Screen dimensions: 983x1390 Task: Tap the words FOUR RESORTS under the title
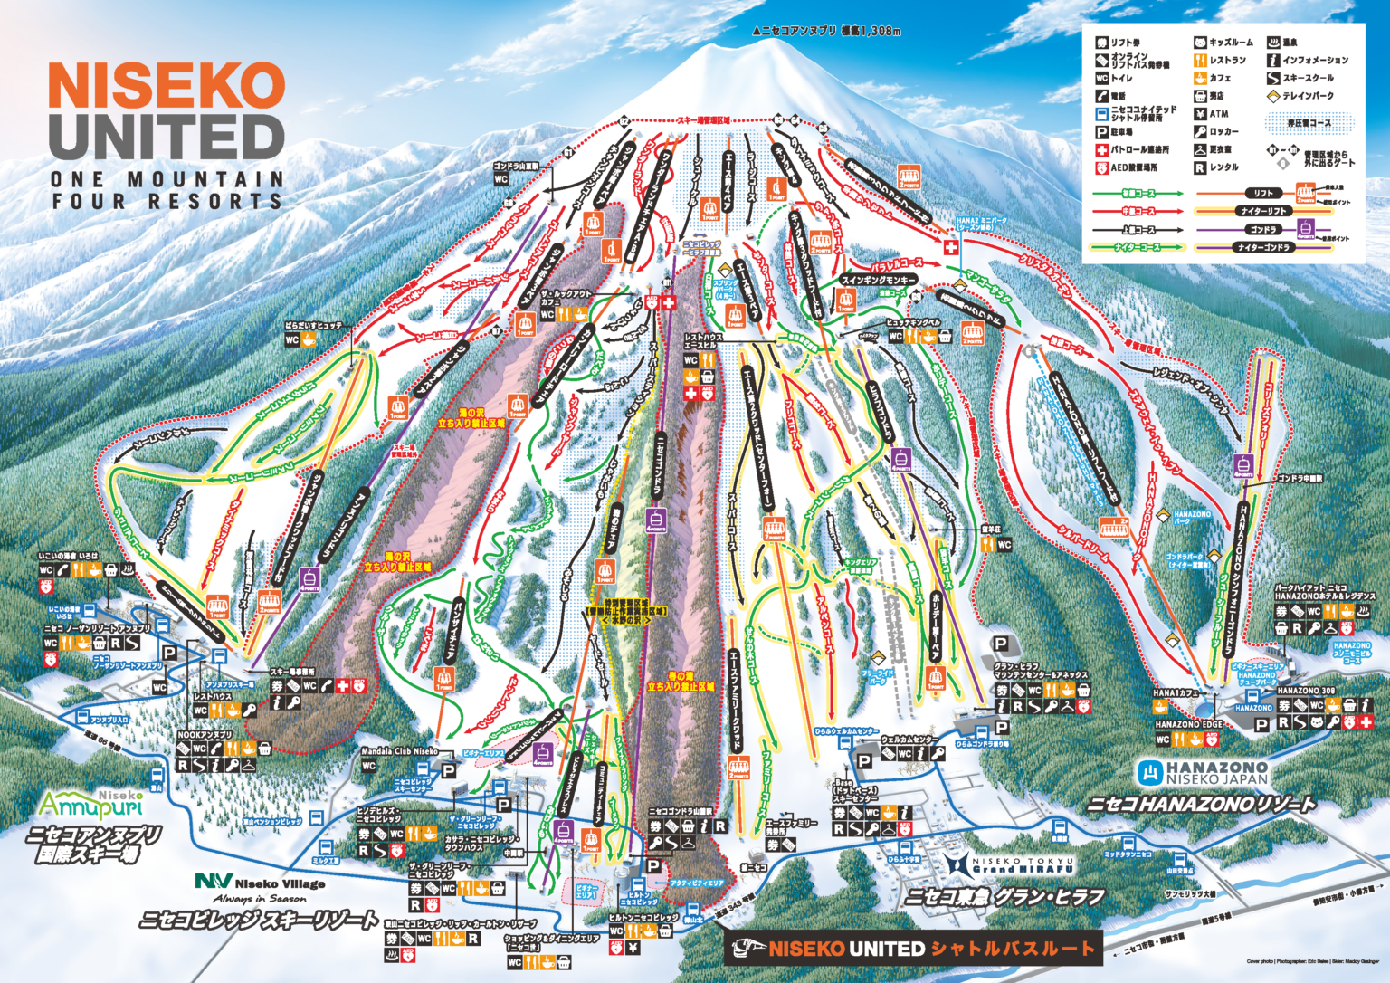pyautogui.click(x=167, y=202)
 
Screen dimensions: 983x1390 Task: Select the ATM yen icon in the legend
pyautogui.click(x=1200, y=114)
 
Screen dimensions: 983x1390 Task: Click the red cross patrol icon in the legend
pyautogui.click(x=1101, y=150)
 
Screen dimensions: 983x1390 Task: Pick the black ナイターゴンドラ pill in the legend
pyautogui.click(x=1264, y=247)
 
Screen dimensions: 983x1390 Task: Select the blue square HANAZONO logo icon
pyautogui.click(x=1150, y=772)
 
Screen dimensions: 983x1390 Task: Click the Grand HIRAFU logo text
pyautogui.click(x=1023, y=867)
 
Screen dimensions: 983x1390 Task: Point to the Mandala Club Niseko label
pyautogui.click(x=399, y=750)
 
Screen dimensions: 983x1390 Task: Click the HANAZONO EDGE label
pyautogui.click(x=1188, y=724)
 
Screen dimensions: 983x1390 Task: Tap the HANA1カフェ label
pyautogui.click(x=1176, y=693)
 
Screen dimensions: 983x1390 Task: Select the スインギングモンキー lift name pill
pyautogui.click(x=879, y=281)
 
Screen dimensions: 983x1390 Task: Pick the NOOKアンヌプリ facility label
pyautogui.click(x=205, y=735)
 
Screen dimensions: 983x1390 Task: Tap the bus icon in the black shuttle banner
pyautogui.click(x=747, y=949)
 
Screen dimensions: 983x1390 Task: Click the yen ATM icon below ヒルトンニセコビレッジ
pyautogui.click(x=633, y=948)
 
